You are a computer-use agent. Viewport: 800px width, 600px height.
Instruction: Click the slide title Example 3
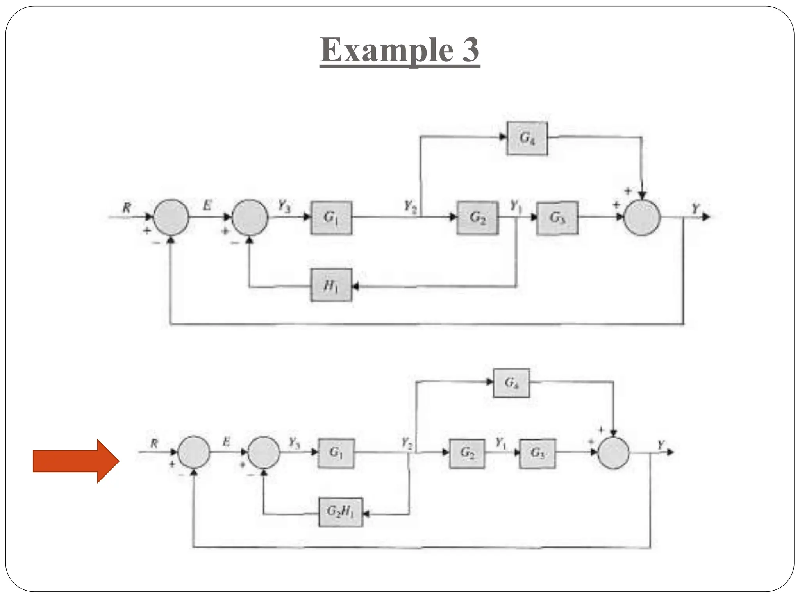pyautogui.click(x=400, y=51)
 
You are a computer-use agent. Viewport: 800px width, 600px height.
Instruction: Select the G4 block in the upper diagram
pyautogui.click(x=527, y=138)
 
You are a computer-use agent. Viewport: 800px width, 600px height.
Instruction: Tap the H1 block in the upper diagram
pyautogui.click(x=331, y=285)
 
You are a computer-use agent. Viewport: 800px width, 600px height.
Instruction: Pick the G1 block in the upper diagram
pyautogui.click(x=331, y=218)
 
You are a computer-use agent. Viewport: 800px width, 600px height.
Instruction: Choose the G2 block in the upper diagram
pyautogui.click(x=477, y=218)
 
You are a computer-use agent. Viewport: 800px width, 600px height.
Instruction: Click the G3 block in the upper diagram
pyautogui.click(x=557, y=218)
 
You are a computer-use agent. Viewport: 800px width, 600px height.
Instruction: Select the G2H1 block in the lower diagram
pyautogui.click(x=341, y=512)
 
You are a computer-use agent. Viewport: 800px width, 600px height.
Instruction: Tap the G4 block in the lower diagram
pyautogui.click(x=511, y=383)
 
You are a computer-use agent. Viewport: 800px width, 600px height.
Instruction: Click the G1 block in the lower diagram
pyautogui.click(x=336, y=453)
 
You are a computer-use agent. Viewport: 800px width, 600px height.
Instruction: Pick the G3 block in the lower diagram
pyautogui.click(x=537, y=453)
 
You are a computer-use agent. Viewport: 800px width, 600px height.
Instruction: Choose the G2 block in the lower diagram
pyautogui.click(x=467, y=453)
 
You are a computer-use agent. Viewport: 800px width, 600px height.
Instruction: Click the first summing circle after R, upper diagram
pyautogui.click(x=171, y=217)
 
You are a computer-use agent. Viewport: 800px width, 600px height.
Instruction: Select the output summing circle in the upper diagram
pyautogui.click(x=642, y=217)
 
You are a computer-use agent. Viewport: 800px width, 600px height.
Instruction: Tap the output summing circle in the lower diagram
pyautogui.click(x=613, y=453)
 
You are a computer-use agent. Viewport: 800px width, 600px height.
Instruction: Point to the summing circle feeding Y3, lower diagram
pyautogui.click(x=264, y=452)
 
